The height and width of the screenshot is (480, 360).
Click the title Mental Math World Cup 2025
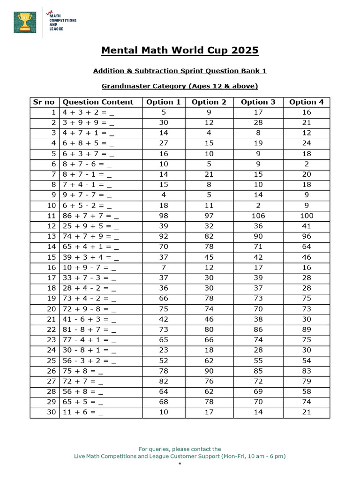point(180,50)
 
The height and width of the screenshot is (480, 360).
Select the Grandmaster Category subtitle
point(180,86)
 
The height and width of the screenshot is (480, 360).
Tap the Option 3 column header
point(258,102)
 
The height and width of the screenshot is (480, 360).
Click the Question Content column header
point(98,102)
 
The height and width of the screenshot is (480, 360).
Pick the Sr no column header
point(44,102)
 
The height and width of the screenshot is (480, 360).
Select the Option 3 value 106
point(258,216)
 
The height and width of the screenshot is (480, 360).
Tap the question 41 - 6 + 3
point(89,319)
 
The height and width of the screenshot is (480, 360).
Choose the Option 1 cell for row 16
point(163,267)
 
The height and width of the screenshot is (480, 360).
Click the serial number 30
point(51,412)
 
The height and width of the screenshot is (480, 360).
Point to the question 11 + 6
point(82,412)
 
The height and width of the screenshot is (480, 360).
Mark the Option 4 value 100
point(306,216)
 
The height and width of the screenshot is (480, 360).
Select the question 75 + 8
point(82,371)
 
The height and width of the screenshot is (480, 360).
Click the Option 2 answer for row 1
point(209,112)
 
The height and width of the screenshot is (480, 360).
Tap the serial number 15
point(51,257)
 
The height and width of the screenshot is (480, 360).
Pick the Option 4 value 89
point(306,330)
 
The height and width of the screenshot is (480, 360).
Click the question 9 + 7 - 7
point(87,195)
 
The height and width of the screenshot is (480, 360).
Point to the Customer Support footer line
point(180,456)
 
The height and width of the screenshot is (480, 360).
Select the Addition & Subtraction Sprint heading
point(180,71)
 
